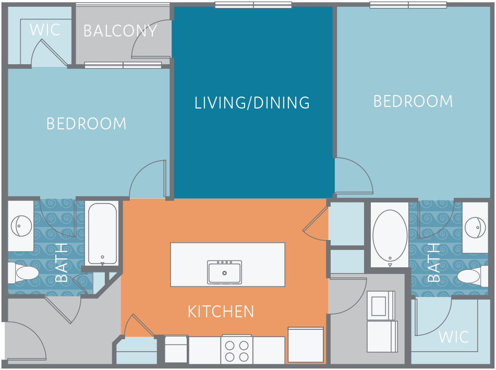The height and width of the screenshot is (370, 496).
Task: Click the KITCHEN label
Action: point(221,312)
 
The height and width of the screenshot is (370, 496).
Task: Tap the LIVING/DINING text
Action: point(252,103)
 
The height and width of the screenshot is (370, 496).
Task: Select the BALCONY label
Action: point(120,31)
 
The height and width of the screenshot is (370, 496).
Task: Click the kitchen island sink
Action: point(225,272)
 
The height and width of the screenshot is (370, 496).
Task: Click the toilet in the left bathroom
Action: point(23,273)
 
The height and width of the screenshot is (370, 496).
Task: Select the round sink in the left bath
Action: point(21,226)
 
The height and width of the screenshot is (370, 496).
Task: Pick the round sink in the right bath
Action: point(476,227)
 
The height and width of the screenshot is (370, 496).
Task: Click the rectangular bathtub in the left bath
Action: point(102,234)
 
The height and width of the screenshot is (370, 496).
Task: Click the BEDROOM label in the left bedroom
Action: point(87,124)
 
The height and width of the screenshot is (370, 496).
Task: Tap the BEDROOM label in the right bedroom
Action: point(413,101)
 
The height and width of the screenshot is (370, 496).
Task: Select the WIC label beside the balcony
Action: point(45,30)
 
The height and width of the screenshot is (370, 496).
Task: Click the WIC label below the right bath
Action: point(454,337)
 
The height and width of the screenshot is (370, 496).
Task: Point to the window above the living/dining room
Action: point(253,5)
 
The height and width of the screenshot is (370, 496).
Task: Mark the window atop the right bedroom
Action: point(408,5)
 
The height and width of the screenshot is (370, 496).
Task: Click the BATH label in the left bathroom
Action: point(62,262)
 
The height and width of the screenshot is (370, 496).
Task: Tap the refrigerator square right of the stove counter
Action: point(306,345)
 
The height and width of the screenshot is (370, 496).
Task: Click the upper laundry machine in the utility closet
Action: point(381,305)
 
